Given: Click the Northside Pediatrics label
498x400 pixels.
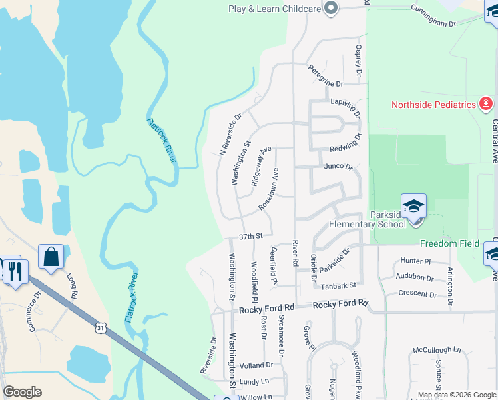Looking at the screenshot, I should (433, 105).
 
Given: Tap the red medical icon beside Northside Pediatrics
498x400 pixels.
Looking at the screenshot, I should (485, 105).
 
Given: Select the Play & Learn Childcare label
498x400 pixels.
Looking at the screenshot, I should (274, 9).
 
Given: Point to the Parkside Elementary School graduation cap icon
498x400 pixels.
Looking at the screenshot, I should (413, 205).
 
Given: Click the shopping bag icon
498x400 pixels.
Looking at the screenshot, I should (51, 257).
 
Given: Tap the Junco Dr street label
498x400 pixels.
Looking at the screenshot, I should (338, 167).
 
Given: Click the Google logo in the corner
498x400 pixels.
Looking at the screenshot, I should (22, 392).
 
